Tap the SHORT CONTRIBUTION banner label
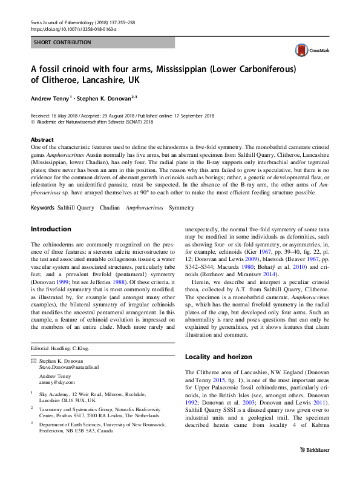pos(62,42)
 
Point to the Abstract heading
pos(42,139)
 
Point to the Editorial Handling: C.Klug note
pos(61,349)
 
